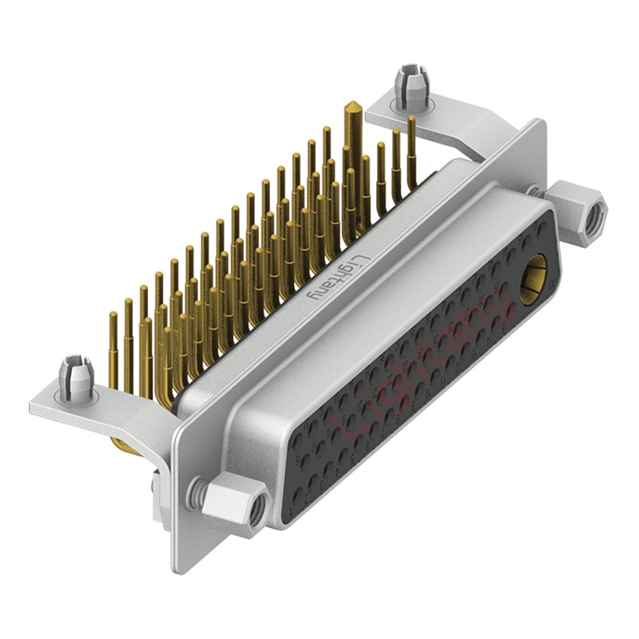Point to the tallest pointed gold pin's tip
350,106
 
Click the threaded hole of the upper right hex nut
591,220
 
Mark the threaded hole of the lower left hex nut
255,511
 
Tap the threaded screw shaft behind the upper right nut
537,191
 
